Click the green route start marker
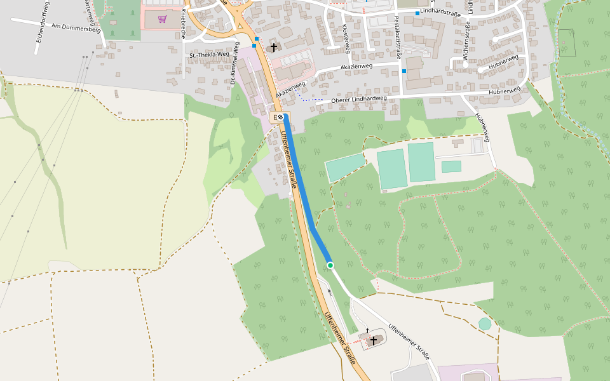click(330, 265)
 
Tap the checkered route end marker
click(280, 117)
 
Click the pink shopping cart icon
click(162, 19)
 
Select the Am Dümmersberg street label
click(76, 28)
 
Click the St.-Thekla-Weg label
click(209, 55)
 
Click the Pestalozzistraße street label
click(397, 39)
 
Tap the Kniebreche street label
click(183, 24)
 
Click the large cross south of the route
click(374, 340)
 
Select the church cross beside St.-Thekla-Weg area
click(274, 48)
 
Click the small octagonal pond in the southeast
click(485, 324)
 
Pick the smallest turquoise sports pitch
click(451, 166)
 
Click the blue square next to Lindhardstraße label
click(417, 13)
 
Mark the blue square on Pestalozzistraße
click(403, 72)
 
